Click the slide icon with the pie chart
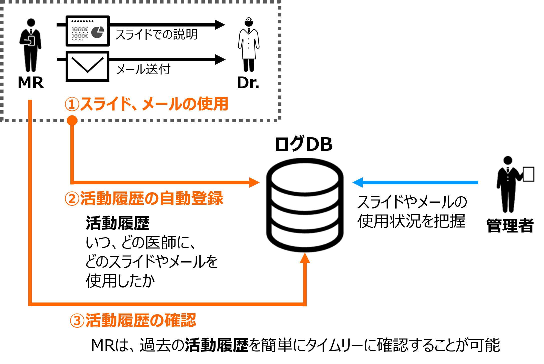click(87, 31)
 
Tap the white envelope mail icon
click(87, 66)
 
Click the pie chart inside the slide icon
click(97, 32)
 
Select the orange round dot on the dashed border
click(72, 120)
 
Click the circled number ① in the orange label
click(72, 104)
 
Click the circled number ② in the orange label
click(72, 199)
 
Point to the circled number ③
click(77, 321)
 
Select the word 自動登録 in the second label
click(191, 198)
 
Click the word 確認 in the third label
click(180, 320)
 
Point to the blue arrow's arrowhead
click(357, 182)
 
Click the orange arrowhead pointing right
click(254, 182)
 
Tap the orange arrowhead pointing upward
click(305, 258)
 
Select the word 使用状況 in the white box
click(389, 221)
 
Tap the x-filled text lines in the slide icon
click(80, 33)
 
